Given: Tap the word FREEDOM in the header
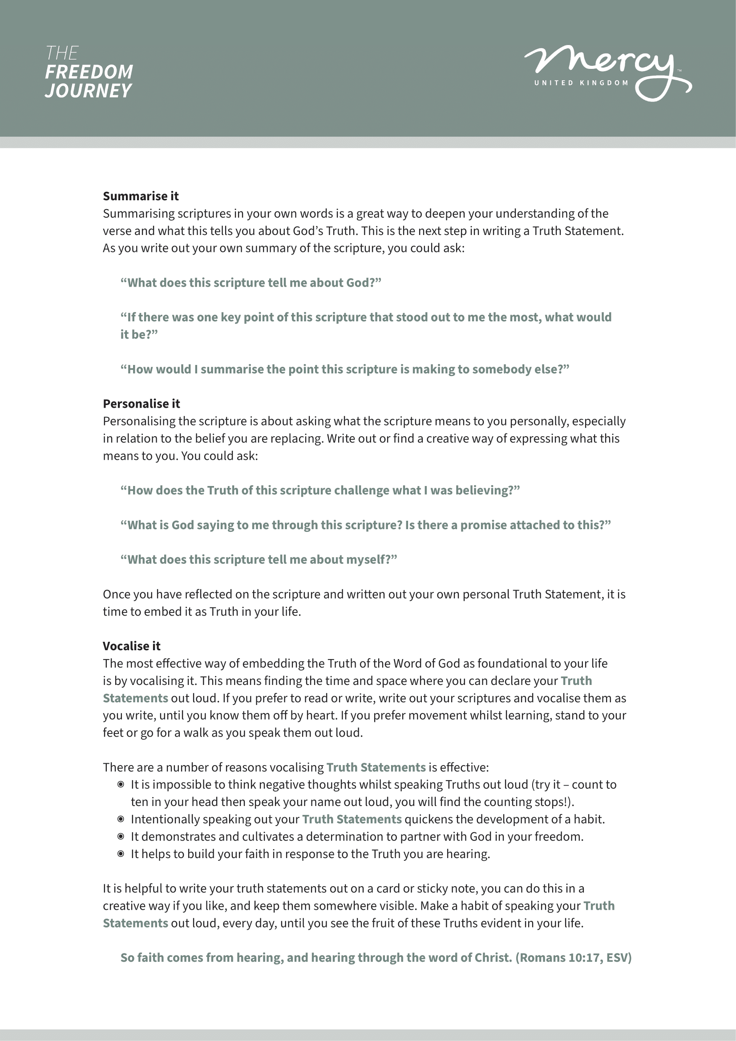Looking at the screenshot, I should [89, 72].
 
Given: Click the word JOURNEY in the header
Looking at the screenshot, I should [89, 91].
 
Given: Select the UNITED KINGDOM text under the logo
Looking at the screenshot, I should [581, 83].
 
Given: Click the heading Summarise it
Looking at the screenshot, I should [141, 196].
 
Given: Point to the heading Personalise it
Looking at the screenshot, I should [142, 404].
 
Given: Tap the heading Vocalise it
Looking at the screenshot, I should [131, 646].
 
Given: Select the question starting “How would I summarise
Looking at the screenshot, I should [344, 369].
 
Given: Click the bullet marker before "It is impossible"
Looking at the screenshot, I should [121, 784].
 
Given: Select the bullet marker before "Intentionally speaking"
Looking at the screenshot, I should [121, 819].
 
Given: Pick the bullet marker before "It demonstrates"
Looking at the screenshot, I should [121, 836].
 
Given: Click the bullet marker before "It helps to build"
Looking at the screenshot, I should [121, 854].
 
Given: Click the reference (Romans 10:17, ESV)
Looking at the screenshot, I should [573, 957].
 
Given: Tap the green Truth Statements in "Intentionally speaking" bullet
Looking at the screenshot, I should [352, 819].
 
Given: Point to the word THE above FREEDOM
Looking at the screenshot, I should [62, 53].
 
